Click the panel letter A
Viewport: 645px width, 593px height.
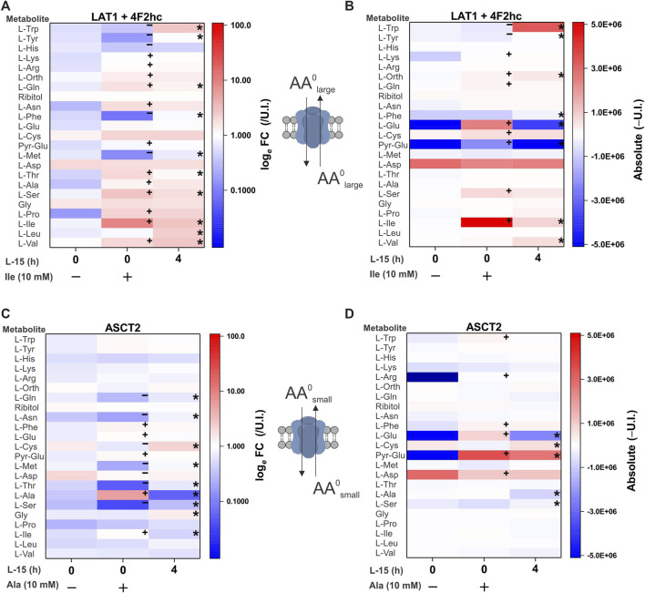click(6, 7)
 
